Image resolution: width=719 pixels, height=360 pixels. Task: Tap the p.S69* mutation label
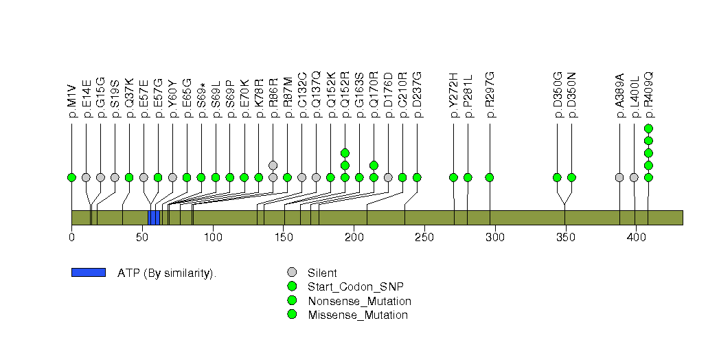point(201,102)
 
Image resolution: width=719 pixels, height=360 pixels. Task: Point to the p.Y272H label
point(453,96)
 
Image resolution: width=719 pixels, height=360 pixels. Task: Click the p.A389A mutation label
point(619,96)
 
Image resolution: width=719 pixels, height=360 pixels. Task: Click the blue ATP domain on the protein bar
point(153,218)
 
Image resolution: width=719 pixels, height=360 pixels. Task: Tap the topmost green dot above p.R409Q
point(648,128)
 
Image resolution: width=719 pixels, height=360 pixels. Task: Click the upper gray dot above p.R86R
point(273,165)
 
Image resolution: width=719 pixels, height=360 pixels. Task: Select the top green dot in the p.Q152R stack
point(345,153)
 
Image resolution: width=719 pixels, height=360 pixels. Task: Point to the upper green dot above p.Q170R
point(374,165)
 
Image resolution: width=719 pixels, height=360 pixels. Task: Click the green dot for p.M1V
point(71,177)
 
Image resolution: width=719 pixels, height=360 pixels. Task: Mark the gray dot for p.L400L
point(634,177)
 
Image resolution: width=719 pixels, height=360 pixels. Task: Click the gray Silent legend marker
point(291,273)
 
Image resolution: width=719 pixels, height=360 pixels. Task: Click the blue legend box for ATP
point(88,273)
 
